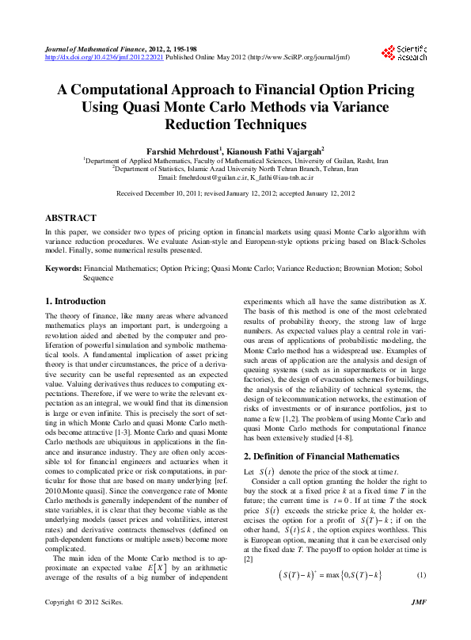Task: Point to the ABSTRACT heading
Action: (x=70, y=218)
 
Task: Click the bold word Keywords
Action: (x=63, y=269)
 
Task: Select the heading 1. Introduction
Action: (x=75, y=302)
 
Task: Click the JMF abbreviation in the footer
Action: (x=420, y=625)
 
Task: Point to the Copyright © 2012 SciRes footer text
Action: (x=81, y=625)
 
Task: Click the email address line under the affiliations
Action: (x=235, y=177)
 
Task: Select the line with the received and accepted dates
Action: (x=235, y=193)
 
